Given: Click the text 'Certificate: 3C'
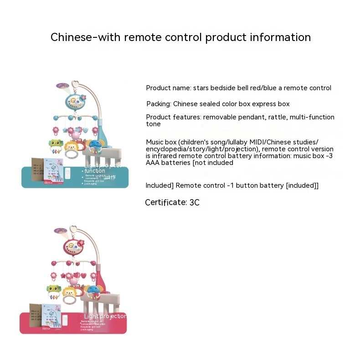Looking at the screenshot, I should pyautogui.click(x=172, y=202).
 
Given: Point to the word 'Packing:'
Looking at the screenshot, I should pyautogui.click(x=159, y=104).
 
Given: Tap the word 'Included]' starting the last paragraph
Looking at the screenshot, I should pyautogui.click(x=159, y=185).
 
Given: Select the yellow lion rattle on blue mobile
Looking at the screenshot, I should pyautogui.click(x=71, y=148).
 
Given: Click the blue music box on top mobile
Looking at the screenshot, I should pyautogui.click(x=75, y=101).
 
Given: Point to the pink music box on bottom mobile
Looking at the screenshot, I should pyautogui.click(x=73, y=246).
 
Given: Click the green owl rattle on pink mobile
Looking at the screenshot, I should pyautogui.click(x=54, y=291).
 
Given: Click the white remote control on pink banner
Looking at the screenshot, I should pyautogui.click(x=65, y=320).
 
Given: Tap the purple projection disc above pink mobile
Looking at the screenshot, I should pyautogui.click(x=60, y=231).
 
